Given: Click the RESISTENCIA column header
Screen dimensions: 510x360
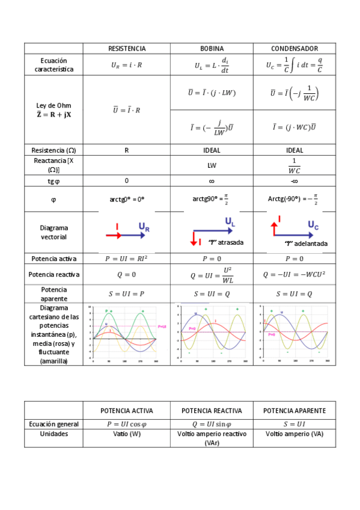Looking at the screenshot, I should (x=127, y=48).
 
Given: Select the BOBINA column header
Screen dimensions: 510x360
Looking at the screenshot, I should (x=212, y=48).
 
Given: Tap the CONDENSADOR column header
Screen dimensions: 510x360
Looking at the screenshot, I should (x=294, y=48).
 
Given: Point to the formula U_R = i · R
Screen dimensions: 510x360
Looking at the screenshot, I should (x=127, y=65).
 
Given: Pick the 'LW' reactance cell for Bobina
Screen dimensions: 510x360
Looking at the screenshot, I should (x=212, y=164).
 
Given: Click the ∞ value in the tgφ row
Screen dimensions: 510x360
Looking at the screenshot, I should (x=212, y=180).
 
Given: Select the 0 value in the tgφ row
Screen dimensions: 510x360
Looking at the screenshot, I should (x=127, y=180).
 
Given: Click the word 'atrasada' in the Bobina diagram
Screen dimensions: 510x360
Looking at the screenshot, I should (x=231, y=243).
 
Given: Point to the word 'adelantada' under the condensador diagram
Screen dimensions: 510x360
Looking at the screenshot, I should (x=311, y=244).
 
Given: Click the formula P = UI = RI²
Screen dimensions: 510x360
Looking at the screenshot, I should (x=127, y=259).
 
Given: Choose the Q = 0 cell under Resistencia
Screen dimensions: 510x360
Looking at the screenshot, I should (x=127, y=275).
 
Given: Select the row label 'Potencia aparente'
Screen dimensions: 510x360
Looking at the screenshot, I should (x=54, y=294).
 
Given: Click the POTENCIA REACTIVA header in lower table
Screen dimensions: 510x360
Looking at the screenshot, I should (x=212, y=411).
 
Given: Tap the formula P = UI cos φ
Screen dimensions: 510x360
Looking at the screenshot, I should (x=127, y=423).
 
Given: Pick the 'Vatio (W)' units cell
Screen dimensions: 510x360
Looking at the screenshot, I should (x=127, y=434).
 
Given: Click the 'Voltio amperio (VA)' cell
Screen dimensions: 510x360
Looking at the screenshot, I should (x=294, y=434).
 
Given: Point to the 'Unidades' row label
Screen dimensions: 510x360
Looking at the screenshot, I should (x=54, y=434).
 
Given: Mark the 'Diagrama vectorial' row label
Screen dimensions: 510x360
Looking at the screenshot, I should (x=54, y=232).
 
